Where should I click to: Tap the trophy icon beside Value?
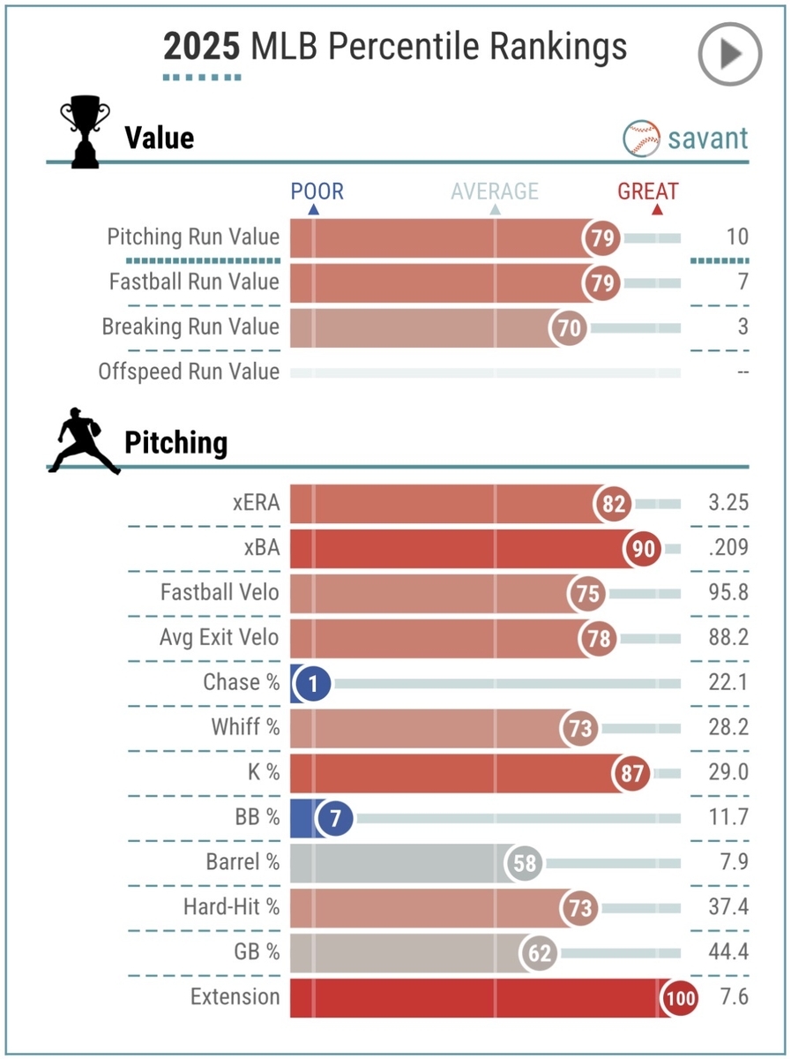click(85, 135)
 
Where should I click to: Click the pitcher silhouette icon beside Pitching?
click(84, 442)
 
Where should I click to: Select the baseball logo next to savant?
click(642, 138)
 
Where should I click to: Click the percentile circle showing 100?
click(679, 999)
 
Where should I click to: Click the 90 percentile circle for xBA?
click(643, 549)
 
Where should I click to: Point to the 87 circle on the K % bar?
click(631, 774)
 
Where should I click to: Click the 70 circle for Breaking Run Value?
click(569, 328)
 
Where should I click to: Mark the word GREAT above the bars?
click(647, 192)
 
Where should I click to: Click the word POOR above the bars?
click(317, 192)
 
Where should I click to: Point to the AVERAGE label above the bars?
click(494, 192)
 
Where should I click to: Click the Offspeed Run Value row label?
click(189, 372)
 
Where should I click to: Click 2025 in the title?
click(202, 47)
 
